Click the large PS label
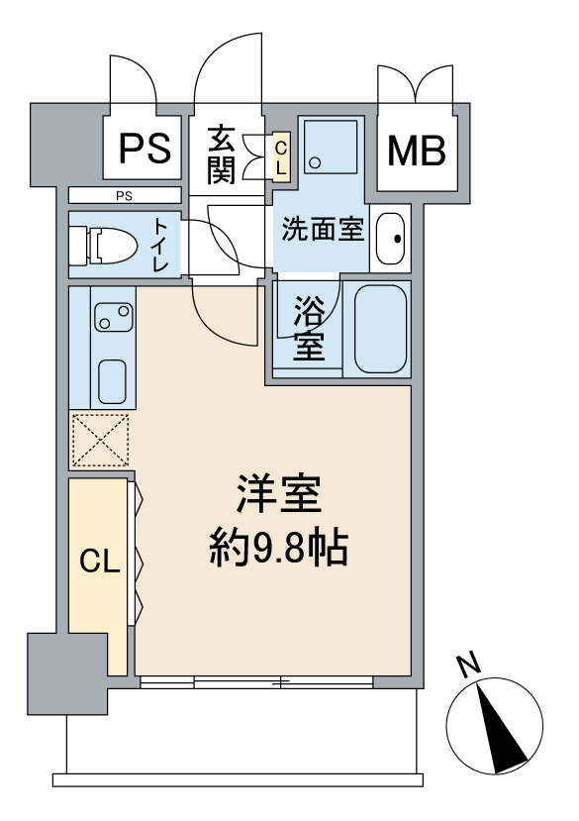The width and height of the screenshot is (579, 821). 145,149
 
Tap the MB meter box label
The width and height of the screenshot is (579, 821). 417,151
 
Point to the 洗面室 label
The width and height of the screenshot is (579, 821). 323,230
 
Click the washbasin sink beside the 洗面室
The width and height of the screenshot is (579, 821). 391,239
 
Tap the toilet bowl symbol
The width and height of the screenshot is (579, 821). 105,245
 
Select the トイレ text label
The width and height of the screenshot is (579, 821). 160,245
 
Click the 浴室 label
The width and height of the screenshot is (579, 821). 309,328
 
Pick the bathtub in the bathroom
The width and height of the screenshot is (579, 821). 381,329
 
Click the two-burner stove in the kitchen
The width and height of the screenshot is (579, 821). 114,317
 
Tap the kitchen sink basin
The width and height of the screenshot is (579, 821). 112,381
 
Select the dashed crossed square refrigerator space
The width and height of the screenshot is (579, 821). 101,440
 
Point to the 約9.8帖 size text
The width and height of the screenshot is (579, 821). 279,550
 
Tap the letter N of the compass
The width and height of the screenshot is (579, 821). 468,665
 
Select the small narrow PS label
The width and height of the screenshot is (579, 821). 124,196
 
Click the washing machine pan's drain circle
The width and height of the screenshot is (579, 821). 315,162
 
